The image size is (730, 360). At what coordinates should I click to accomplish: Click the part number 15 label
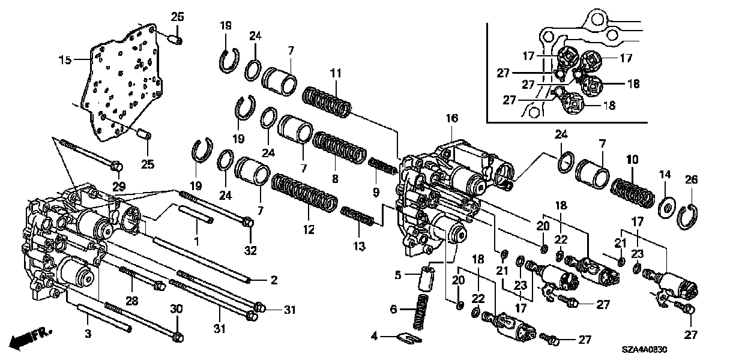point(64,59)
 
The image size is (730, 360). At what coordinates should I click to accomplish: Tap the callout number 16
point(451,119)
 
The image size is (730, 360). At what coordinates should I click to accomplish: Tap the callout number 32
point(250,250)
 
